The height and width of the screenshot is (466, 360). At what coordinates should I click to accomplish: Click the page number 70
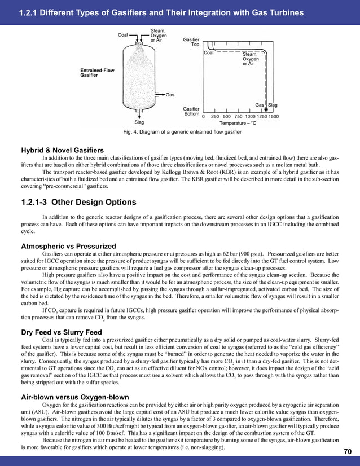pyautogui.click(x=347, y=451)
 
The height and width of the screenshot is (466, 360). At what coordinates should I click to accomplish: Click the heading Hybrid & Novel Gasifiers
pyautogui.click(x=62, y=150)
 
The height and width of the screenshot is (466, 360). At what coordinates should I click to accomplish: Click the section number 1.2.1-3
pyautogui.click(x=41, y=202)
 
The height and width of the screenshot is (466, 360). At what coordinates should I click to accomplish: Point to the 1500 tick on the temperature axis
pyautogui.click(x=273, y=116)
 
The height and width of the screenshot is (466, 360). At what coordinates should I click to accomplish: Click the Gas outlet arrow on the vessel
pyautogui.click(x=159, y=95)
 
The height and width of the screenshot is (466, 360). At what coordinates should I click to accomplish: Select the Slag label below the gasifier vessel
pyautogui.click(x=139, y=122)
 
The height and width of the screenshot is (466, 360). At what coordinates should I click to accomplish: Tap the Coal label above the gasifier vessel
pyautogui.click(x=123, y=33)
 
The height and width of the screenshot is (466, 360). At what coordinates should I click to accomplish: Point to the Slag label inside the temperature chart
pyautogui.click(x=273, y=105)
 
